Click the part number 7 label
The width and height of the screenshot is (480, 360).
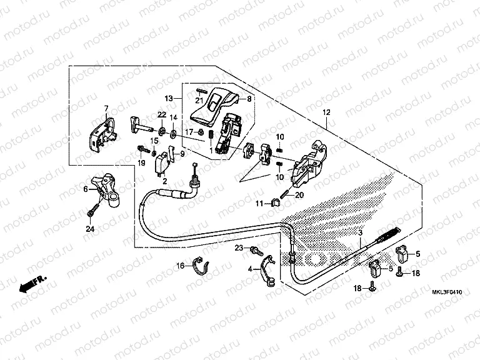106,108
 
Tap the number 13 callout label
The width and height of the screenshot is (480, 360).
169,99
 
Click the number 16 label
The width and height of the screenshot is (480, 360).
179,266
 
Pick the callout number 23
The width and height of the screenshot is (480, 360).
239,249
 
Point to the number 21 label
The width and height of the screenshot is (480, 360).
199,100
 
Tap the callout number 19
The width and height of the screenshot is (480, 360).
142,163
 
